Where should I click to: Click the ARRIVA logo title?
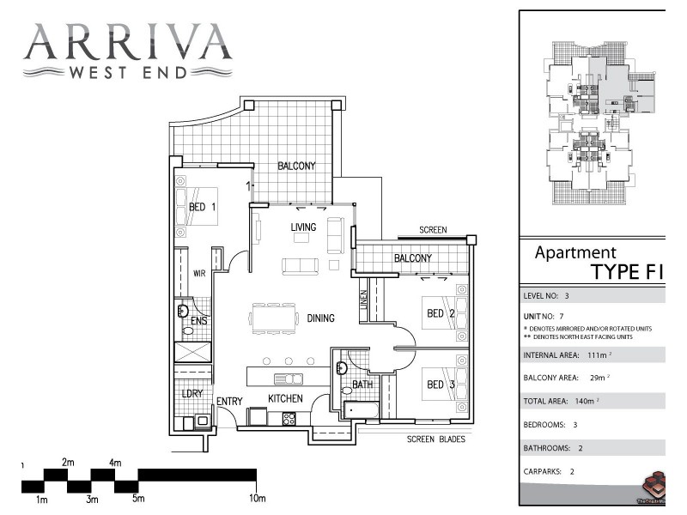(128, 40)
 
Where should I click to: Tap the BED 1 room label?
(203, 207)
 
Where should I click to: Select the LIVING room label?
(303, 227)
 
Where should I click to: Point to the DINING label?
(320, 318)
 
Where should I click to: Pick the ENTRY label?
(229, 401)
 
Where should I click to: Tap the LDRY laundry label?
(190, 394)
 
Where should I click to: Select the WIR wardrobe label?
(199, 274)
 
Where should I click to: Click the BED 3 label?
(441, 386)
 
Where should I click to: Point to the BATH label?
(362, 385)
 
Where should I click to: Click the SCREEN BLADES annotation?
(436, 439)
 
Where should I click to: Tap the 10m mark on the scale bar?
(257, 499)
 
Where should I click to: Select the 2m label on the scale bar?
(68, 463)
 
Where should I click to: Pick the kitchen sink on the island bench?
(287, 379)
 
